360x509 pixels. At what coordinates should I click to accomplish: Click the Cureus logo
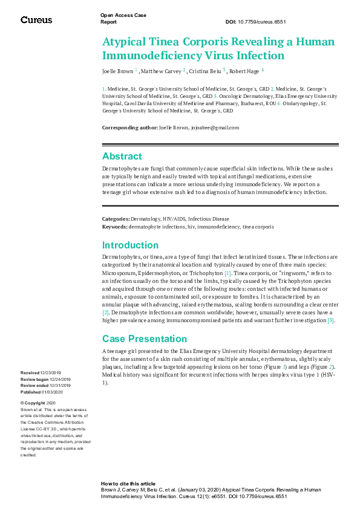pos(36,20)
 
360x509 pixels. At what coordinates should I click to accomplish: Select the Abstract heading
pos(122,156)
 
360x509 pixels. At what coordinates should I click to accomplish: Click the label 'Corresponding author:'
pos(129,128)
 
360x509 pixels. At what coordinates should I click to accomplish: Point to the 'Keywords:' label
pos(115,227)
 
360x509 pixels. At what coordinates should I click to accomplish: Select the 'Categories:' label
pos(116,219)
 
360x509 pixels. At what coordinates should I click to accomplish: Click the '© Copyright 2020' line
pos(38,403)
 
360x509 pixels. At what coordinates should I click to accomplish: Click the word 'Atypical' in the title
pos(125,43)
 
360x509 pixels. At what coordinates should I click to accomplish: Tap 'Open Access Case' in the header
pos(123,15)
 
